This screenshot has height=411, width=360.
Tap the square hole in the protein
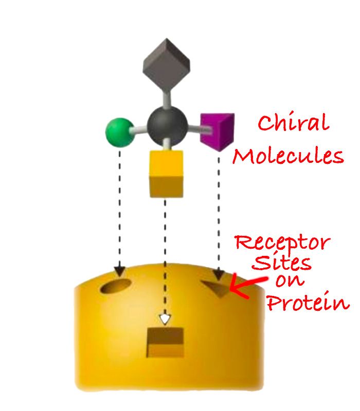(x=165, y=341)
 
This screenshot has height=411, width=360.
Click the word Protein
(x=307, y=303)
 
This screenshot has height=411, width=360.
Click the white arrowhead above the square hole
(x=165, y=319)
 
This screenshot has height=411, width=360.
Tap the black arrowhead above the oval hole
(x=120, y=270)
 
